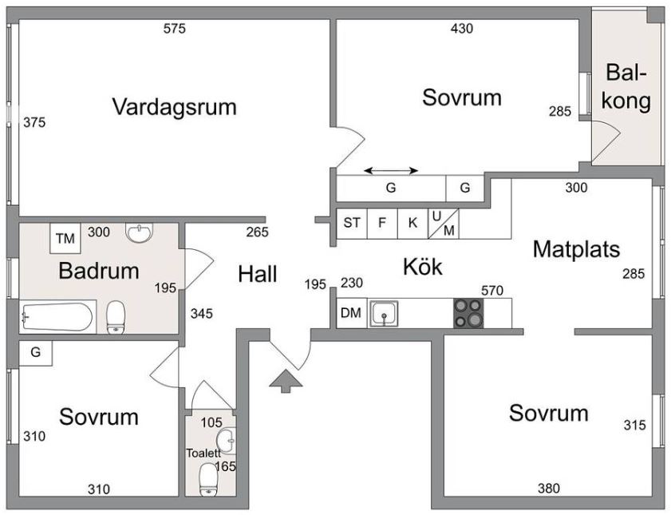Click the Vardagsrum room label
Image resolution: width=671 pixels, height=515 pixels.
tap(174, 106)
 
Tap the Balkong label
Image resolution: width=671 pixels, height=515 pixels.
tap(628, 88)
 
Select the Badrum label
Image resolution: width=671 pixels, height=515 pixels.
tap(99, 271)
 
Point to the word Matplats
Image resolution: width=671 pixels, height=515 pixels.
tap(576, 250)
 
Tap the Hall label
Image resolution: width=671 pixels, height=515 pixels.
tap(257, 275)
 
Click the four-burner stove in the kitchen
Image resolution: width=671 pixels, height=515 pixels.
tap(468, 312)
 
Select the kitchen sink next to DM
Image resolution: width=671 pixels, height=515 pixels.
tap(385, 312)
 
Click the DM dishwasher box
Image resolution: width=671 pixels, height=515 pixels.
tap(350, 313)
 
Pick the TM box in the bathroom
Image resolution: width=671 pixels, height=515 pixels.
tap(65, 238)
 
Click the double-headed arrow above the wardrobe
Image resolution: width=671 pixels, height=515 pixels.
tap(391, 170)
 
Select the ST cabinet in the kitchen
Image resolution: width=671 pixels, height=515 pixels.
tap(351, 223)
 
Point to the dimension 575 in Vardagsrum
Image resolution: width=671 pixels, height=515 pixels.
tap(174, 30)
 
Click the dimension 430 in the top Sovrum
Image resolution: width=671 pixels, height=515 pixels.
tap(462, 30)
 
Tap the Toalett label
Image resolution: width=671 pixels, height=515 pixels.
tap(203, 453)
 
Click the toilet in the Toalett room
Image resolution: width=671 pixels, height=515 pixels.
tap(208, 481)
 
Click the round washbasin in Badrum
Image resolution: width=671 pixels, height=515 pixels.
tap(140, 233)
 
